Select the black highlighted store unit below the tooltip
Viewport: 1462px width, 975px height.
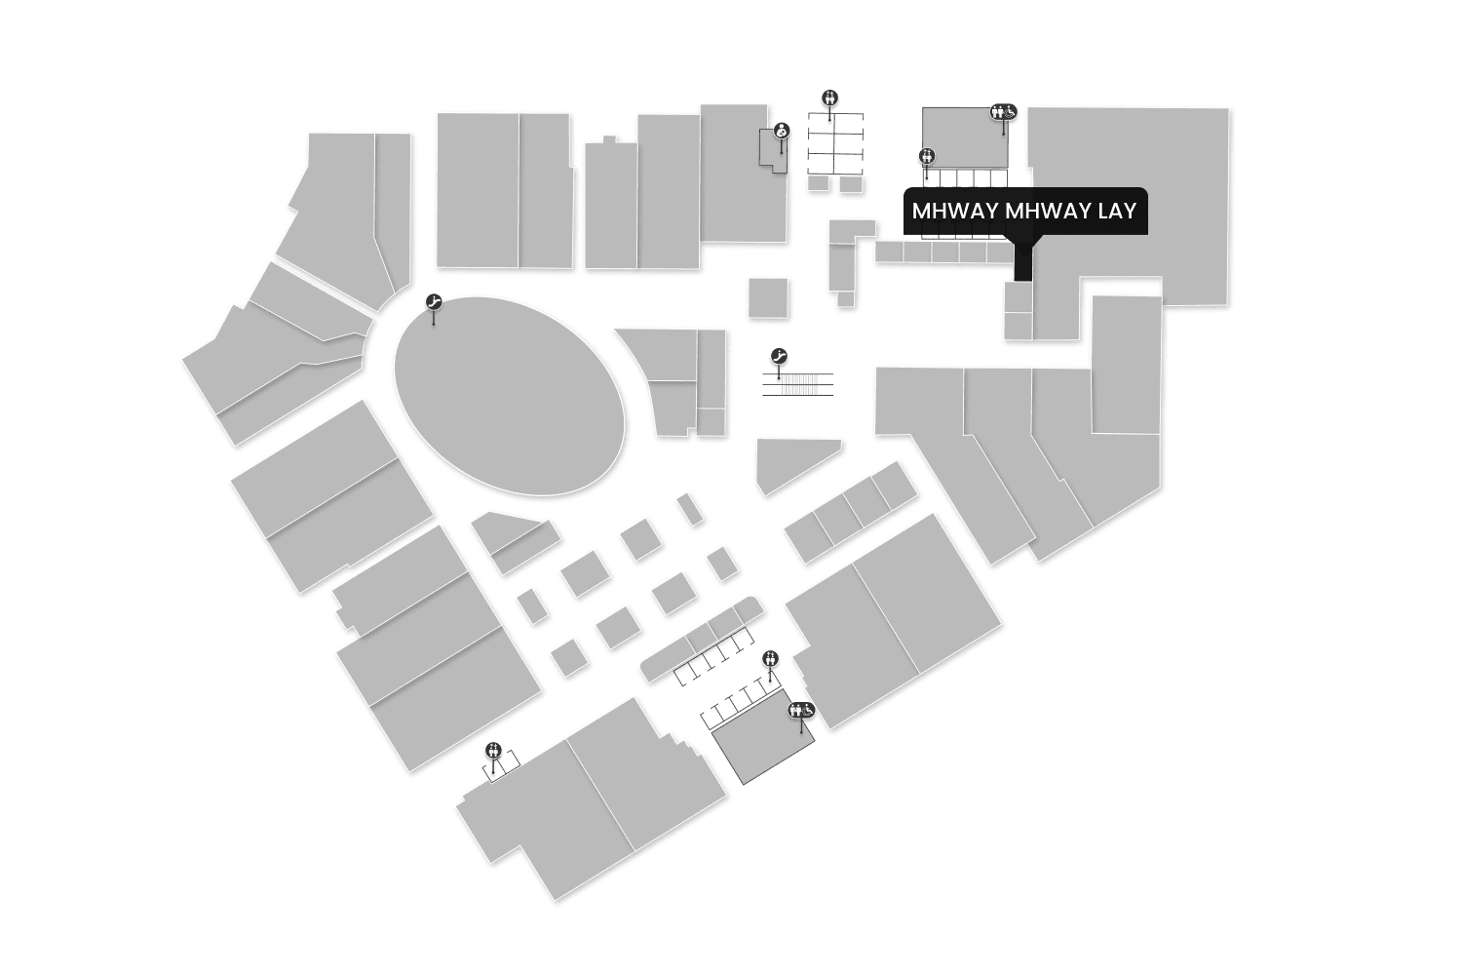[x=1021, y=261]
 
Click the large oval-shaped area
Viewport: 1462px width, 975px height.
[x=509, y=396]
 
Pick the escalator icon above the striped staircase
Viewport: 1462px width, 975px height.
[x=779, y=356]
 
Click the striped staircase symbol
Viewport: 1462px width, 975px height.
[x=798, y=384]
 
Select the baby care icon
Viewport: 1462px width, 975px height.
[x=782, y=131]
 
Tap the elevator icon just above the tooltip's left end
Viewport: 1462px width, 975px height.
[x=927, y=156]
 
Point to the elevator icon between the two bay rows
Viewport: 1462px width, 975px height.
[x=771, y=658]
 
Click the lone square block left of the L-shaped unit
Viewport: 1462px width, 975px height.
[x=768, y=297]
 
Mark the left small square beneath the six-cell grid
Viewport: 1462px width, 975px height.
[x=819, y=183]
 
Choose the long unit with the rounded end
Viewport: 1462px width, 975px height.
[x=700, y=639]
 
